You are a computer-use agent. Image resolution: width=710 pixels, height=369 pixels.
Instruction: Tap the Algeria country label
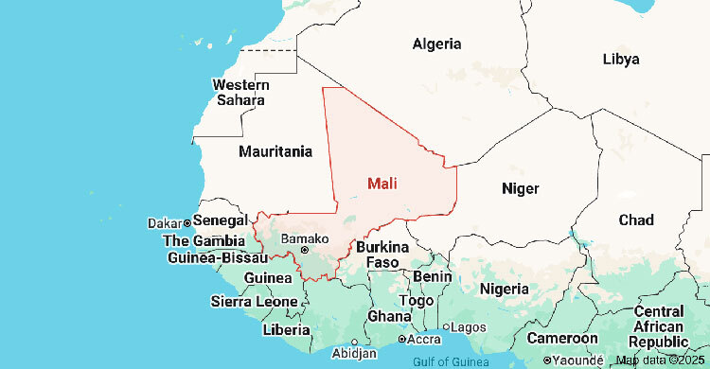point(436,44)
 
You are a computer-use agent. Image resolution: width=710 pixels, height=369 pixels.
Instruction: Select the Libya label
point(620,59)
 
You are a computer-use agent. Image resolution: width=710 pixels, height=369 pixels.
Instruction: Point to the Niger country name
point(520,188)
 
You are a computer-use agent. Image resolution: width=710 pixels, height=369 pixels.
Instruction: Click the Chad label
point(635,220)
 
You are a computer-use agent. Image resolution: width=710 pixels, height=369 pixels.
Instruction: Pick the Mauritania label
point(275,151)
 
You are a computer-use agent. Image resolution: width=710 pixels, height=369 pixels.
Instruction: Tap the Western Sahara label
point(240,92)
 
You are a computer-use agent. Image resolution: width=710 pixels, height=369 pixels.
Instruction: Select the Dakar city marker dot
point(187,222)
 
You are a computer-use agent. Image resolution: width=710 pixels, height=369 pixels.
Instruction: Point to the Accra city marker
point(401,339)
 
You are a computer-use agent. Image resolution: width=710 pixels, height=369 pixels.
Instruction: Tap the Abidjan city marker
point(354,343)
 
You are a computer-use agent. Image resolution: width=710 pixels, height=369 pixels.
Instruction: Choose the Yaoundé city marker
point(548,360)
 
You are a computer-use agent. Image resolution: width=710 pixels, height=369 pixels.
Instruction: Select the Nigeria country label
point(504,288)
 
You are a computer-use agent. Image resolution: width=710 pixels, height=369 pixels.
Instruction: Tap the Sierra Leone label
point(254,302)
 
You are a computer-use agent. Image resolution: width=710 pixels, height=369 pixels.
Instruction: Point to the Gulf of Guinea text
point(450,361)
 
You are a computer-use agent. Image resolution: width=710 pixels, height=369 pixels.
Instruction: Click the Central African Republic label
point(659,326)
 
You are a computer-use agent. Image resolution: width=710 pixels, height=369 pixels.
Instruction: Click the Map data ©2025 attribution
point(660,360)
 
